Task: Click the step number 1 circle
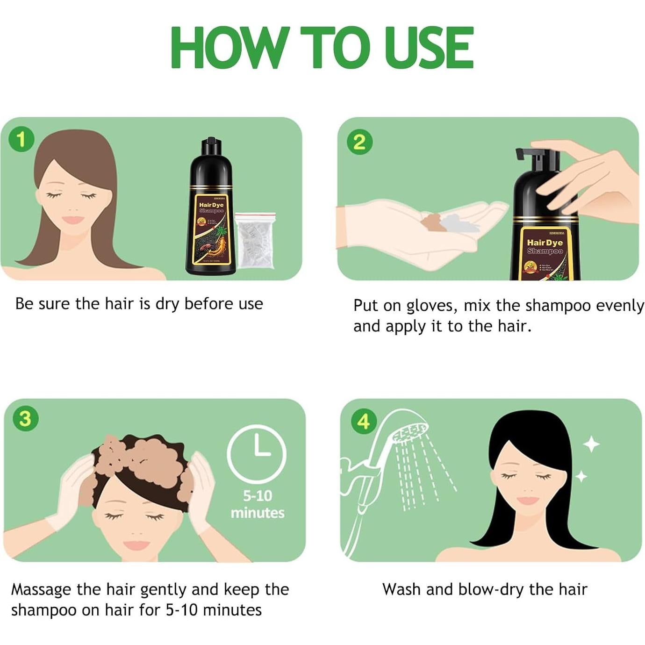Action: pyautogui.click(x=21, y=139)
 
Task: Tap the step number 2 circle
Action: pyautogui.click(x=359, y=142)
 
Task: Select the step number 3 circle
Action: pyautogui.click(x=25, y=419)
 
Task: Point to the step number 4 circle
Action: pyautogui.click(x=364, y=421)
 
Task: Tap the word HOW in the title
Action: pyautogui.click(x=228, y=48)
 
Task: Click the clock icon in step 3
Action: pyautogui.click(x=257, y=453)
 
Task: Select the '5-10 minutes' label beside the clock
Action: pyautogui.click(x=257, y=504)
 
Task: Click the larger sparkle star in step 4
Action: pyautogui.click(x=592, y=444)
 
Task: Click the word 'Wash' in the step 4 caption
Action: pyautogui.click(x=401, y=589)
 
